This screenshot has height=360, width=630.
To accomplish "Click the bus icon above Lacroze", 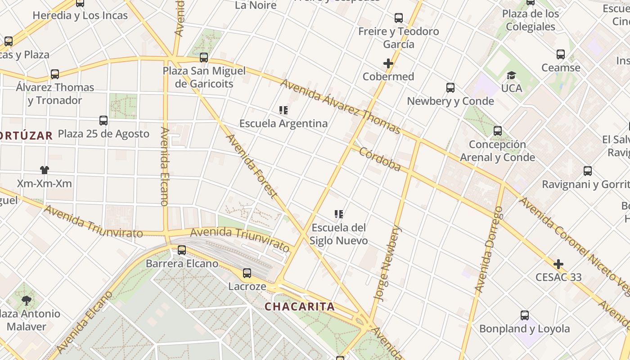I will (x=247, y=273).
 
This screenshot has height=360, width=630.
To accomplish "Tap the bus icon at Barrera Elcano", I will (x=182, y=250).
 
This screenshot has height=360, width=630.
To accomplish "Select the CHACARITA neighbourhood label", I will (x=299, y=307).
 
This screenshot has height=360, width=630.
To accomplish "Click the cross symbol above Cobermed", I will (x=388, y=63).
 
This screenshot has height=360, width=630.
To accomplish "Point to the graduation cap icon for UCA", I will (x=511, y=75).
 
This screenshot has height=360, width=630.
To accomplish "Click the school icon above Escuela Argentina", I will (x=283, y=110).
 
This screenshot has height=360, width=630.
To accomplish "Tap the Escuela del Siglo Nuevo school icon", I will (x=339, y=214).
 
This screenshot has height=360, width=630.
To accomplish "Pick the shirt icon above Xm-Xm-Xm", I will (x=44, y=170).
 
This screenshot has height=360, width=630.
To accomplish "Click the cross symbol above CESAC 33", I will (x=558, y=264).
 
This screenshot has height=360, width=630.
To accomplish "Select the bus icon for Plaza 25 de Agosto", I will (x=103, y=121).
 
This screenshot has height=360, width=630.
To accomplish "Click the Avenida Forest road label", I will (x=251, y=166).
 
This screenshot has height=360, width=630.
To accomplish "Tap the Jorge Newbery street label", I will (x=387, y=263).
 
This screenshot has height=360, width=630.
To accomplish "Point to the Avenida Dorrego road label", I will (x=488, y=249).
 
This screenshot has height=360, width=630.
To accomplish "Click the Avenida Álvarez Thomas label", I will (x=340, y=107).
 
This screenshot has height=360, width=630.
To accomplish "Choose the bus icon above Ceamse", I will (x=560, y=54).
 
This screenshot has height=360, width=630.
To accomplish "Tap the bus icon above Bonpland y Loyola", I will (x=524, y=315).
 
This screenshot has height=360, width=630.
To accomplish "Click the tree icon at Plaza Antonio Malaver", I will (x=27, y=300).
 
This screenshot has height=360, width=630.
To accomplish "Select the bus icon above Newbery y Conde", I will (x=450, y=88).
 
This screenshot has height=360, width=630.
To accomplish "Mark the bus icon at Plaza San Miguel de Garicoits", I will (x=204, y=58).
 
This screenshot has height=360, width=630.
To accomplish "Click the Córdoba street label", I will (x=379, y=159).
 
